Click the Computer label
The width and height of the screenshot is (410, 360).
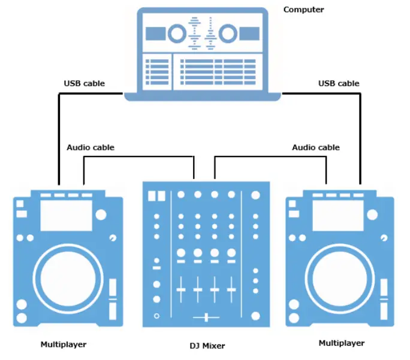pyautogui.click(x=303, y=10)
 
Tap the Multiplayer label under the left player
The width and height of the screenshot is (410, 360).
pyautogui.click(x=63, y=344)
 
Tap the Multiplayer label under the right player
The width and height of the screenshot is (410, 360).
pyautogui.click(x=341, y=343)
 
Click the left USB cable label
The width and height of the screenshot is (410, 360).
pyautogui.click(x=84, y=83)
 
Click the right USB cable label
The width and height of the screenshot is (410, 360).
pyautogui.click(x=339, y=83)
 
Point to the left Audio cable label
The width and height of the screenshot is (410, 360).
pyautogui.click(x=91, y=147)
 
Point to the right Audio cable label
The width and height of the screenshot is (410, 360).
pyautogui.click(x=315, y=147)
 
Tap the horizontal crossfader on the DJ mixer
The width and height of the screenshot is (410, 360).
pyautogui.click(x=206, y=316)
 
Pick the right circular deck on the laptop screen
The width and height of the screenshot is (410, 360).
pyautogui.click(x=228, y=34)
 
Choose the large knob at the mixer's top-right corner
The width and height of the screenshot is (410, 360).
pyautogui.click(x=256, y=195)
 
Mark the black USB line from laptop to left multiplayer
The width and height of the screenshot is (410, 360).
pyautogui.click(x=59, y=138)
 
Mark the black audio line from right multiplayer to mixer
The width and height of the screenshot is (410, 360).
pyautogui.click(x=270, y=157)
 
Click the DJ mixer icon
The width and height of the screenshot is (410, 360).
pyautogui.click(x=206, y=255)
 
